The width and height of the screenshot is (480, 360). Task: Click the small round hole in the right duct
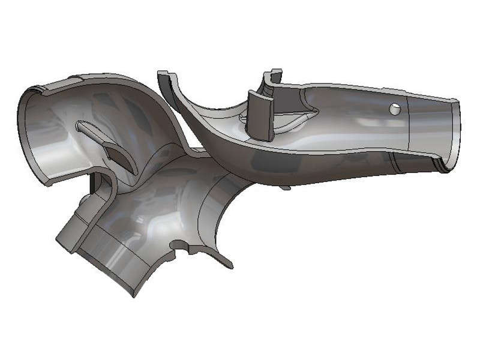(x=395, y=109)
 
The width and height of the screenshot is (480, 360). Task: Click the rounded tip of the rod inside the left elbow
(x=80, y=126)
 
